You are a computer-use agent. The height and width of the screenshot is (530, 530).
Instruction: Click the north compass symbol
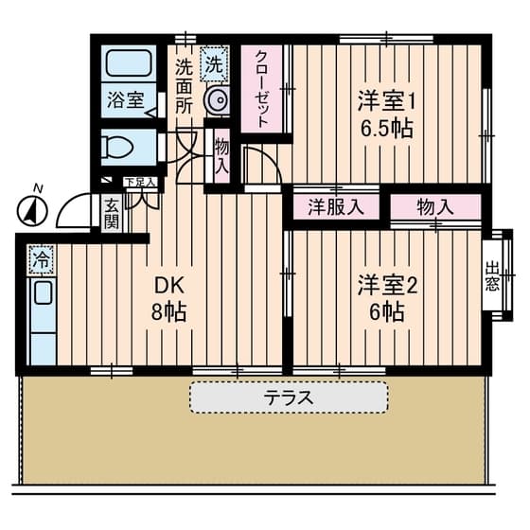pyautogui.click(x=32, y=210)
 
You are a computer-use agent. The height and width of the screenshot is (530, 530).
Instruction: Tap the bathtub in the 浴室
pyautogui.click(x=129, y=63)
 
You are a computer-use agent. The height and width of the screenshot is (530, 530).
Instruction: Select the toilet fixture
pyautogui.click(x=117, y=148)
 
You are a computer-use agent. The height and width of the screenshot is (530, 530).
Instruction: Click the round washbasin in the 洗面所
pyautogui.click(x=217, y=100)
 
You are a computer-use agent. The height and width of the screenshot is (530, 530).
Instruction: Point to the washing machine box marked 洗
pyautogui.click(x=214, y=64)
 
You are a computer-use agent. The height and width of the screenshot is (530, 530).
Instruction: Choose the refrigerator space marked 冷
pyautogui.click(x=42, y=259)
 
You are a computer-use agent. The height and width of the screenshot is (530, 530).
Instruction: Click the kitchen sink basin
pyautogui.click(x=44, y=292)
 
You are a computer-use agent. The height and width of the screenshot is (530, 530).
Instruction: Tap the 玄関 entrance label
pyautogui.click(x=112, y=214)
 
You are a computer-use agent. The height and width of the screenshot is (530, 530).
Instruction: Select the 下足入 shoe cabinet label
pyautogui.click(x=140, y=183)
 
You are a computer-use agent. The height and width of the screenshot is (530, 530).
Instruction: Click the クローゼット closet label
pyautogui.click(x=261, y=89)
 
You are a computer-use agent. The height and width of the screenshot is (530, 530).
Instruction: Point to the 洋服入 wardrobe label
pyautogui.click(x=336, y=206)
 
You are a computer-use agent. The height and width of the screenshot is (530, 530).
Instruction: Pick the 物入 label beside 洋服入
pyautogui.click(x=435, y=206)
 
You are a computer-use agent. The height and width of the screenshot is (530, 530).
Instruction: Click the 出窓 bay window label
pyautogui.click(x=492, y=275)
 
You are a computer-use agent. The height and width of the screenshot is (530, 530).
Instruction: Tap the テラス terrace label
pyautogui.click(x=289, y=397)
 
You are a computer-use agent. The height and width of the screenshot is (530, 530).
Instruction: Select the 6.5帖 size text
pyautogui.click(x=387, y=128)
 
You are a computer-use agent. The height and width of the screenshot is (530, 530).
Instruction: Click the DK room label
pyautogui.click(x=169, y=286)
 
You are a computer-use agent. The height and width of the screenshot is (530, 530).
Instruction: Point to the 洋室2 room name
pyautogui.click(x=387, y=285)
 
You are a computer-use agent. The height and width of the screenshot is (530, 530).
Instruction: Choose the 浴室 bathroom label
pyautogui.click(x=126, y=99)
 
